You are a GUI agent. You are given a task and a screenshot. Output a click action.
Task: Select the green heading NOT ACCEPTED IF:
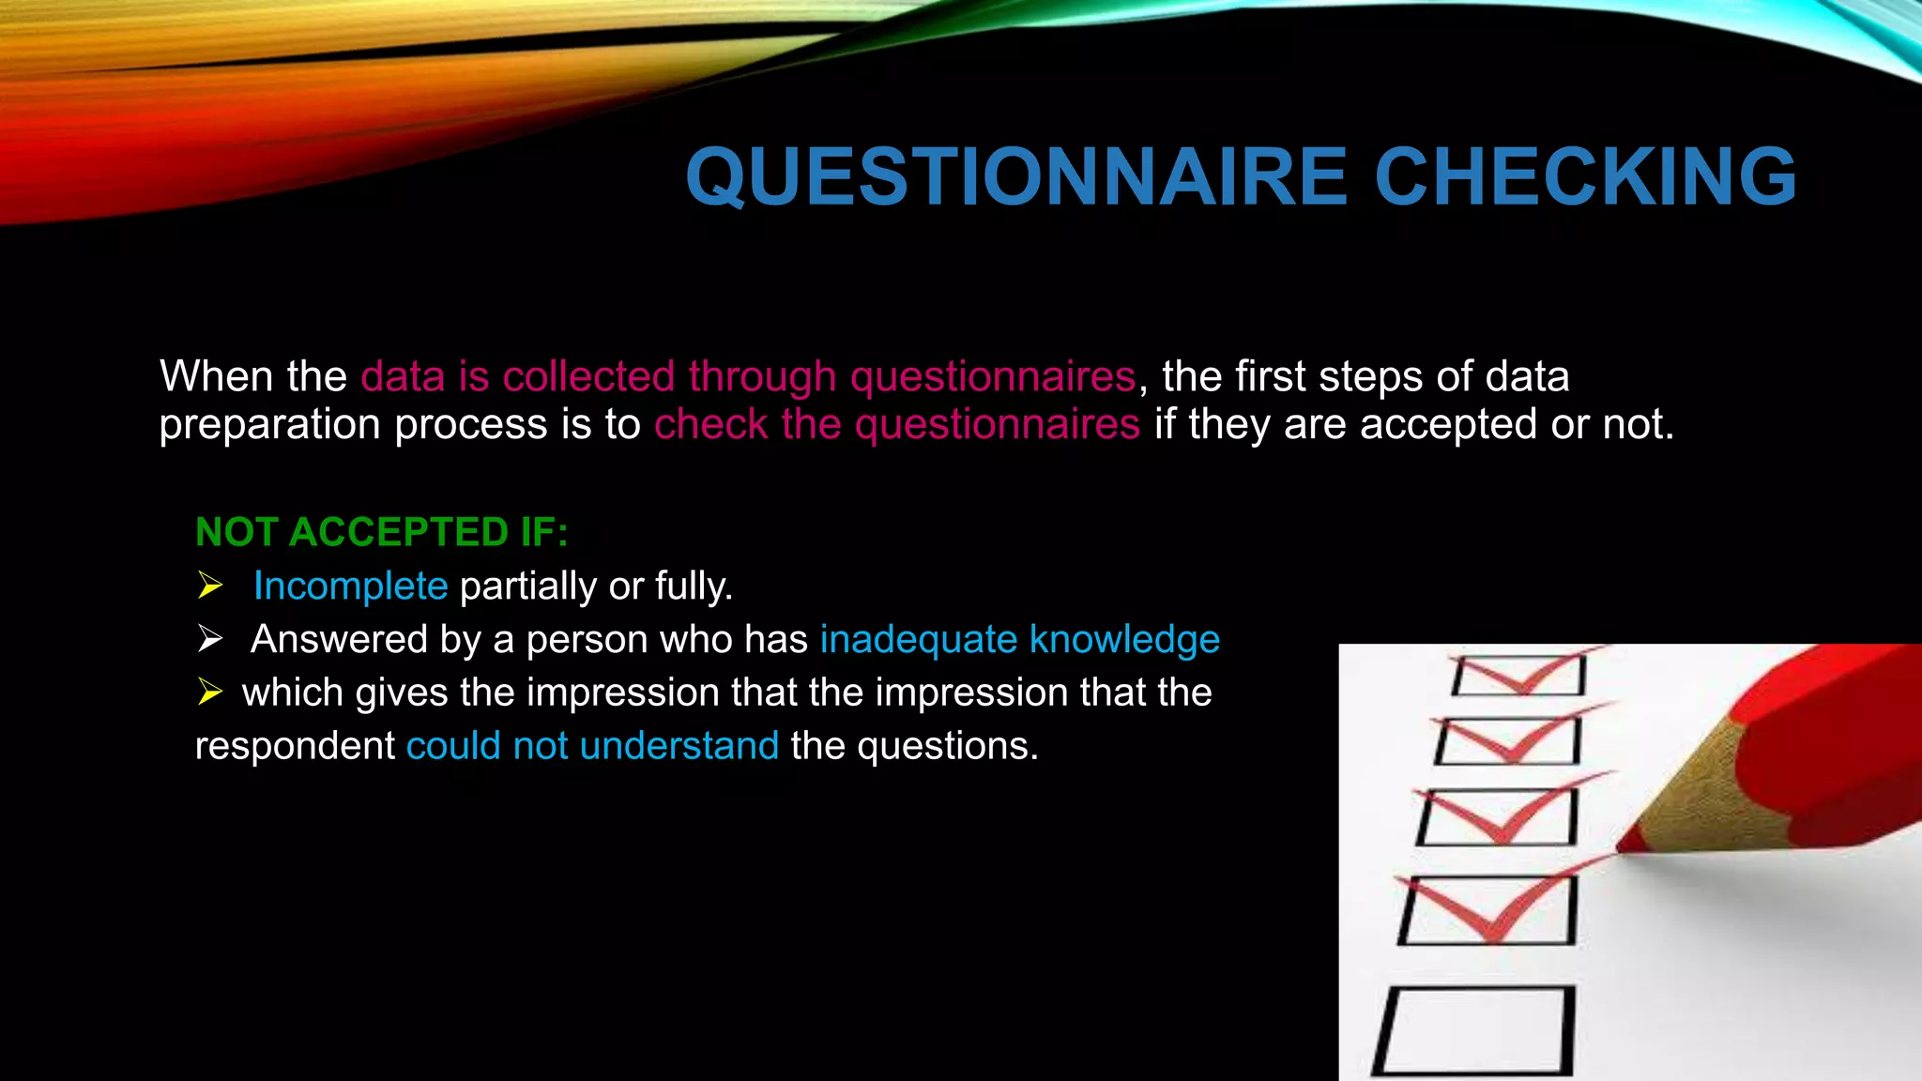[x=381, y=532]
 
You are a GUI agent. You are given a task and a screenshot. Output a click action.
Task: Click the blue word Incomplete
[x=350, y=586]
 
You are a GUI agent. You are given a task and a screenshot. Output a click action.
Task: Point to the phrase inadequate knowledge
[x=1019, y=640]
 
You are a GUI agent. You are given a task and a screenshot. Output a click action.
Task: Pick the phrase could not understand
[x=592, y=746]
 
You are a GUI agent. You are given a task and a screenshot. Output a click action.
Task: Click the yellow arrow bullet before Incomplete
[x=210, y=586]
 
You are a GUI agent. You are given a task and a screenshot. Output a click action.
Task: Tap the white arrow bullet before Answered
[x=210, y=640]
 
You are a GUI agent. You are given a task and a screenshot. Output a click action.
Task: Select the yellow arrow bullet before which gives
[x=210, y=693]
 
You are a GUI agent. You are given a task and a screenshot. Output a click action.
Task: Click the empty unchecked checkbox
[x=1473, y=1029]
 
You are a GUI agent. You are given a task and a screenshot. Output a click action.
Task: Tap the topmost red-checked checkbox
[x=1518, y=675]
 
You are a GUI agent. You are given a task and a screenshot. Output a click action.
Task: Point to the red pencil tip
[x=1628, y=844]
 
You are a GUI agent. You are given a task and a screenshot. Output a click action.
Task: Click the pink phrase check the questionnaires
[x=896, y=424]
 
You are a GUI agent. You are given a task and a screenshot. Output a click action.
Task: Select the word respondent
[x=295, y=746]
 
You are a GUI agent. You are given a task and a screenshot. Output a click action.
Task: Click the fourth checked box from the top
[x=1487, y=910]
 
